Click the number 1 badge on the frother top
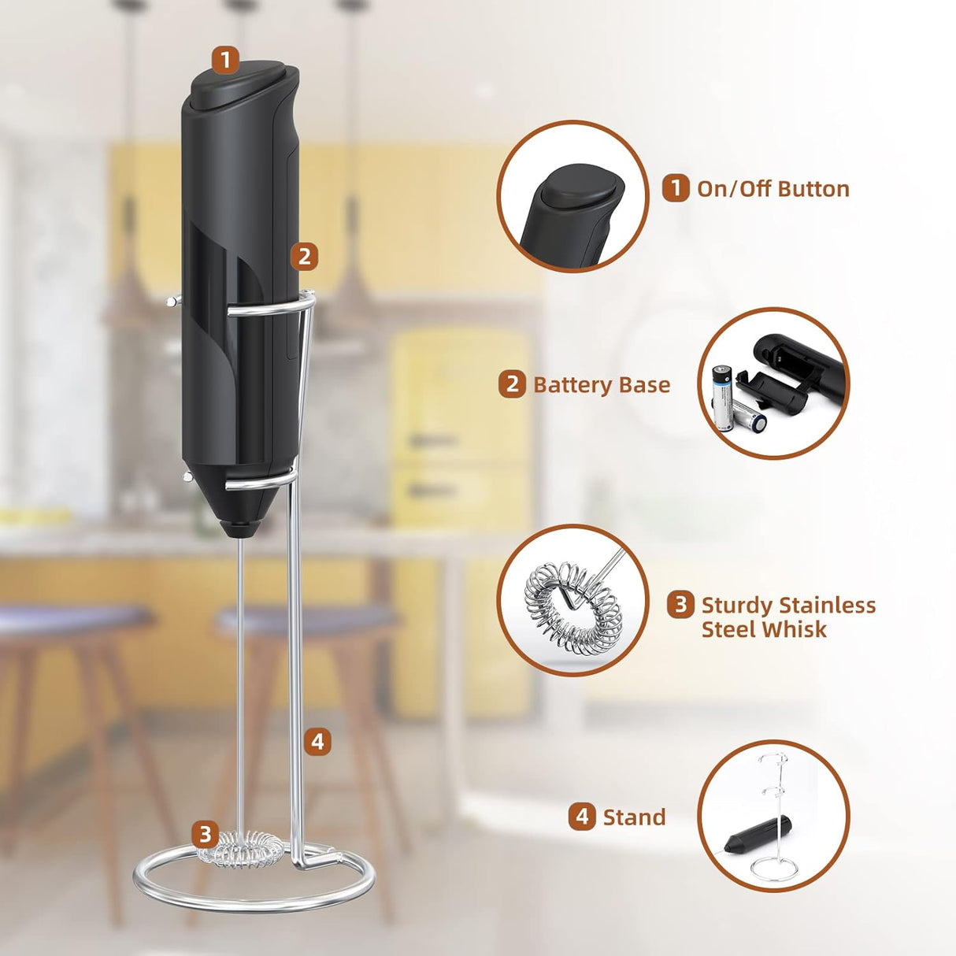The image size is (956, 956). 225,59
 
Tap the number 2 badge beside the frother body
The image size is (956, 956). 304,256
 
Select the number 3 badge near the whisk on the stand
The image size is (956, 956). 206,834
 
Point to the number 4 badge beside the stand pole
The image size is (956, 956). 317,741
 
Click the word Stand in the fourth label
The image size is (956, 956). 634,817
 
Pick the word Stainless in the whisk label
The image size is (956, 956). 826,605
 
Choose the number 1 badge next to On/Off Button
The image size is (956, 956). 675,189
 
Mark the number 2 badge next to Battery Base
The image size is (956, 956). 512,384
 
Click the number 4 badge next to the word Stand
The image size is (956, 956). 581,817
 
